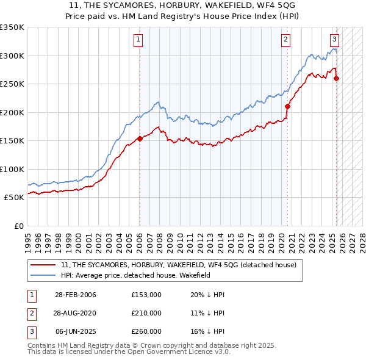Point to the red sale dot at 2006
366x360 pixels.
(140, 139)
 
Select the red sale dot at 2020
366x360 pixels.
(288, 106)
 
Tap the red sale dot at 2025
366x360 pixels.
(337, 78)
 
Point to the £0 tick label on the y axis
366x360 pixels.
(18, 226)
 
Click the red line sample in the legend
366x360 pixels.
(43, 265)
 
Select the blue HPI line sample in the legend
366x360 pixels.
(43, 275)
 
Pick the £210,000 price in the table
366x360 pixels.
(146, 313)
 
